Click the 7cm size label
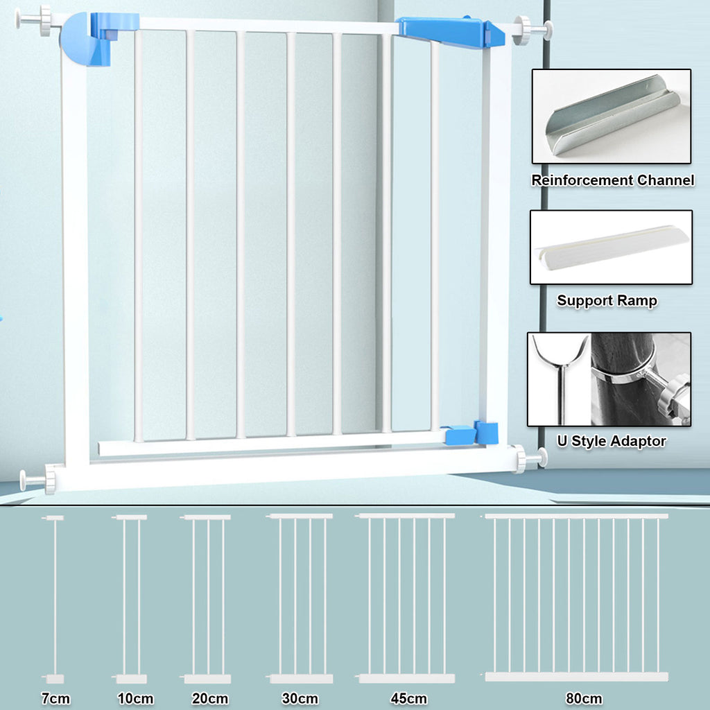tap(55, 698)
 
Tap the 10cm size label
tap(135, 698)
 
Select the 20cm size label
tap(209, 698)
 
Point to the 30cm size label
tap(300, 698)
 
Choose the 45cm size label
tap(408, 698)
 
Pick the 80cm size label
tap(584, 698)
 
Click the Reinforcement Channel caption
tap(613, 180)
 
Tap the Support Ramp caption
tap(607, 301)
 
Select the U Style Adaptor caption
tap(612, 441)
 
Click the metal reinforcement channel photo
tap(612, 116)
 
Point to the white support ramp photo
tap(612, 248)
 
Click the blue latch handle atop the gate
tap(450, 31)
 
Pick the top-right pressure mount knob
tap(532, 31)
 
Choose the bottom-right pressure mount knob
tap(529, 459)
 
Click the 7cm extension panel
tap(54, 599)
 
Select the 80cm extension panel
tap(576, 597)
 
